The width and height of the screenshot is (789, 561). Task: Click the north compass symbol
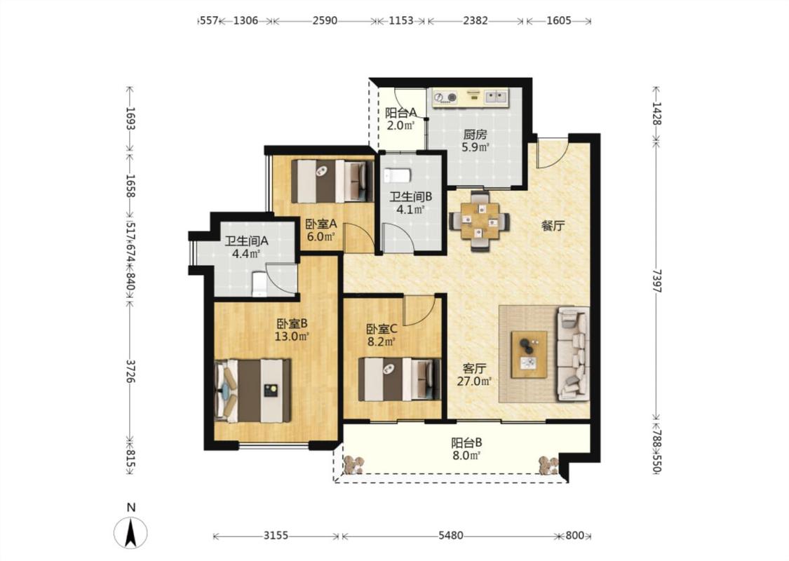[x=131, y=532]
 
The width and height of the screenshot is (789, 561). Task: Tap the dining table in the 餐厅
[x=479, y=220]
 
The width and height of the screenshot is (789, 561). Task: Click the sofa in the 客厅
[x=572, y=353]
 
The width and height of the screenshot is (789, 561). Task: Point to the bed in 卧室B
[x=252, y=391]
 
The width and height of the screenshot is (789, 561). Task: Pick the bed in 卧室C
[x=400, y=379]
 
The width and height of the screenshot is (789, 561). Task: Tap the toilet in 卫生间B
[x=397, y=175]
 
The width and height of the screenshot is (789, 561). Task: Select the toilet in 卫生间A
[x=259, y=284]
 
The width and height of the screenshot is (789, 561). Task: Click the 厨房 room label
[x=476, y=135]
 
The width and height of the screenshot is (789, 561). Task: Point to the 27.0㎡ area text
[x=474, y=381]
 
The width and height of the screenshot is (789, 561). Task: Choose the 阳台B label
[x=466, y=442]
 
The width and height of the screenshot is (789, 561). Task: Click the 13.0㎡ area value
[x=291, y=336]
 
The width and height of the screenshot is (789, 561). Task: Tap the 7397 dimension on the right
[x=657, y=280]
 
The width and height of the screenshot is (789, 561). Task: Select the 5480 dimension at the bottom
[x=450, y=536]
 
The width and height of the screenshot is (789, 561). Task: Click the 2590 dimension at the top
[x=325, y=20]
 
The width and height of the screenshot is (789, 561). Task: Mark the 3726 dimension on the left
[x=130, y=372]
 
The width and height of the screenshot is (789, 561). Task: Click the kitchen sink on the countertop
[x=496, y=96]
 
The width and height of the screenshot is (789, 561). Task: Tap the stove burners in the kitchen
[x=445, y=97]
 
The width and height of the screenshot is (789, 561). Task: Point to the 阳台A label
[x=401, y=113]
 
